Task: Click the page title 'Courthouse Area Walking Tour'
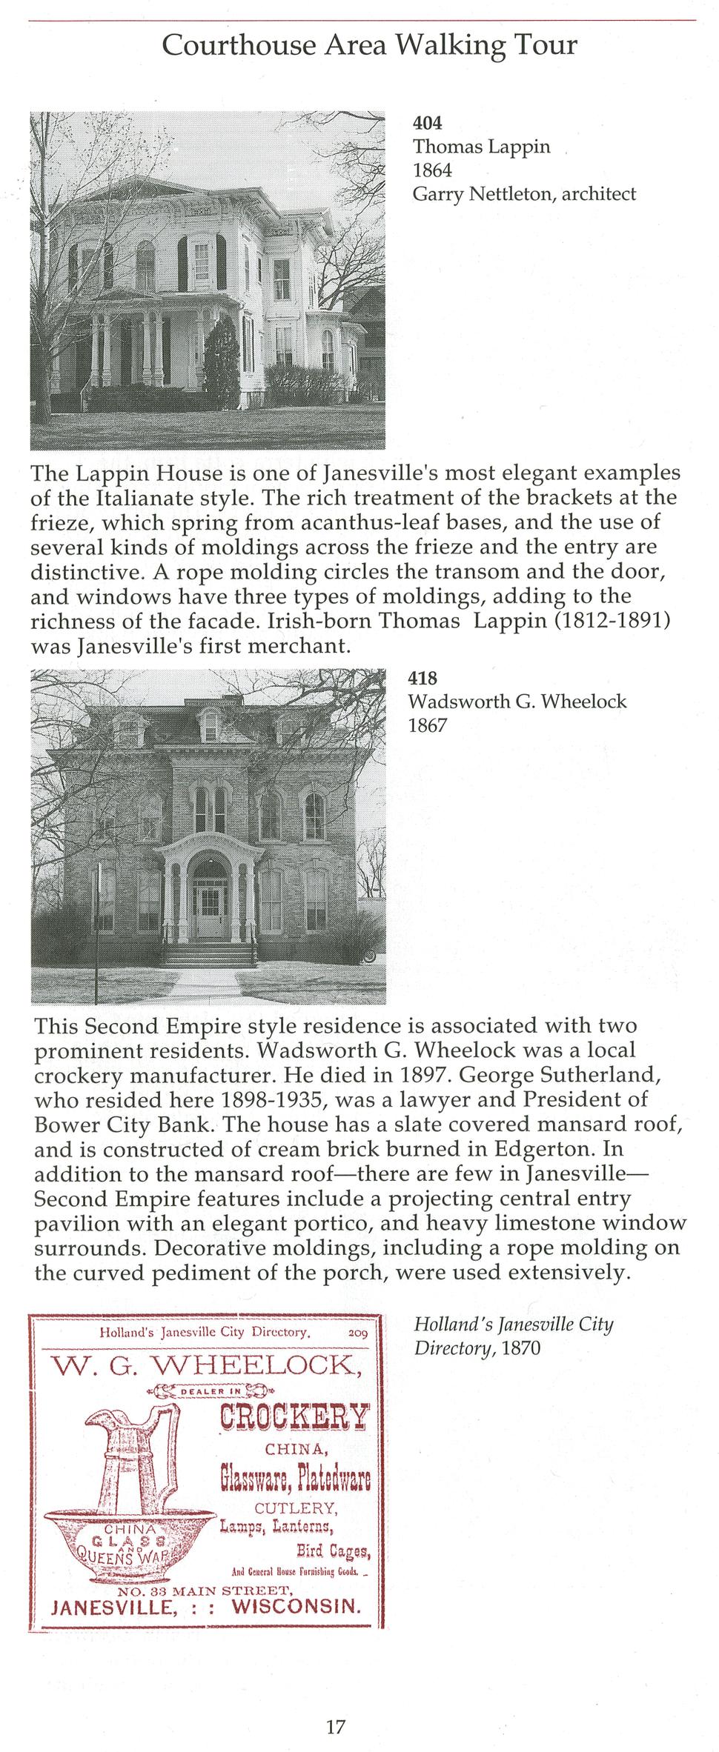[x=369, y=46]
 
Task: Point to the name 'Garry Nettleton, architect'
[x=524, y=194]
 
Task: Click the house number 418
[x=423, y=678]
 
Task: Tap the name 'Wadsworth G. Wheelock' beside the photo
[x=517, y=701]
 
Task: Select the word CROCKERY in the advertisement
[x=294, y=1416]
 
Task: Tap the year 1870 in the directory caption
[x=521, y=1348]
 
